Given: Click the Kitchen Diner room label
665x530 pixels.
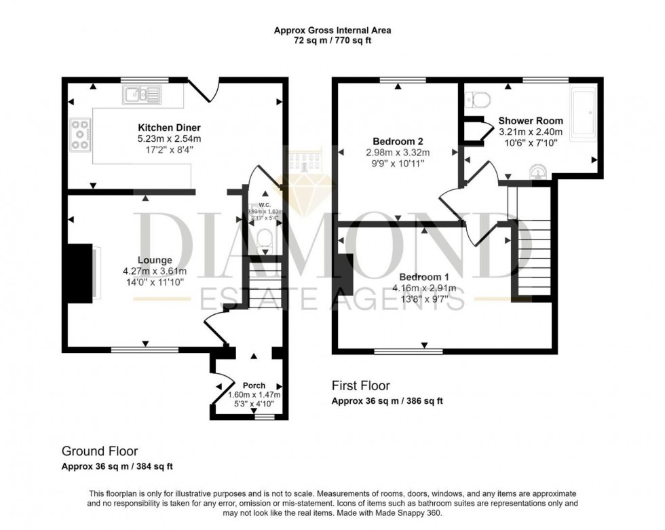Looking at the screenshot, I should point(169,128).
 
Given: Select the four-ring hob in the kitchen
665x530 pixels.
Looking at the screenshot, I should point(80,134).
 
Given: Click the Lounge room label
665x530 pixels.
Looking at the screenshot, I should point(155,260).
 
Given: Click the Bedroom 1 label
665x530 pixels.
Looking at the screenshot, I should point(423,277).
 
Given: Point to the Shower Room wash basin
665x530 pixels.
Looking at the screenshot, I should point(538,170).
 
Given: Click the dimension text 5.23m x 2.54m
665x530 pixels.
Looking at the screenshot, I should point(169,139).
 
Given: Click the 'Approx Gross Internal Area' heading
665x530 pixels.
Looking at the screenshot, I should point(332,30).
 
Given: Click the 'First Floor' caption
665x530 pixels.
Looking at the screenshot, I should point(360,386).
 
